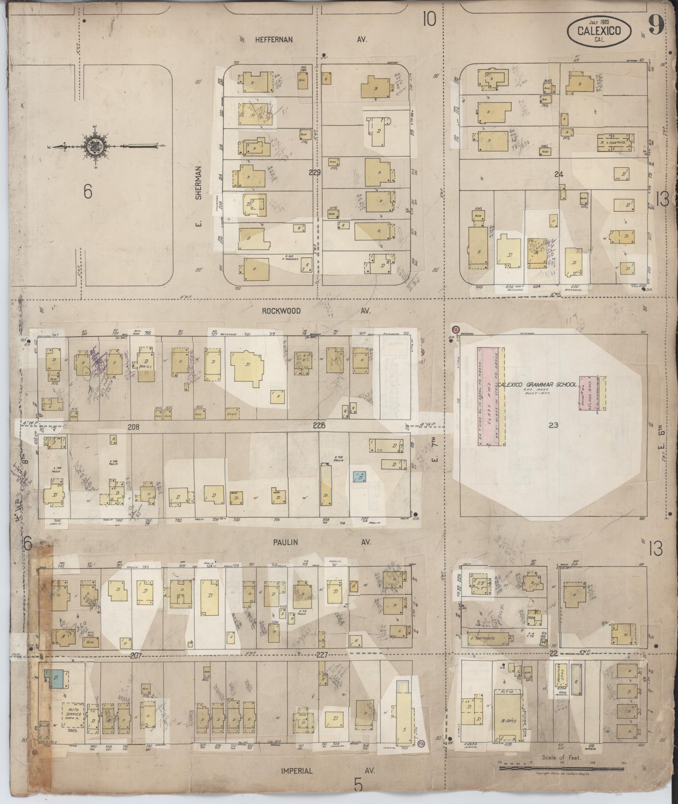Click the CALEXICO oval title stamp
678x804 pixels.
pyautogui.click(x=599, y=32)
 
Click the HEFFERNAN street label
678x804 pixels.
pyautogui.click(x=273, y=40)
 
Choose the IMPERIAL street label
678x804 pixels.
pyautogui.click(x=297, y=771)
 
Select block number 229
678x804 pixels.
pyautogui.click(x=314, y=172)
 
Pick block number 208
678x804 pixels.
pyautogui.click(x=133, y=427)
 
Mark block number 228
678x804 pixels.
pyautogui.click(x=319, y=426)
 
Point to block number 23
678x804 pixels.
pyautogui.click(x=553, y=425)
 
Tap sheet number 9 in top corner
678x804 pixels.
pyautogui.click(x=655, y=25)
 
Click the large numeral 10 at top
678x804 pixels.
pyautogui.click(x=429, y=19)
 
